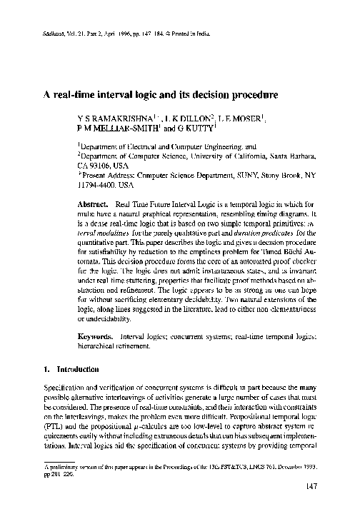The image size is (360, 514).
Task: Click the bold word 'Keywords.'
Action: click(94, 335)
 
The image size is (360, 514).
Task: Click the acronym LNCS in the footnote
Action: click(260, 465)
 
